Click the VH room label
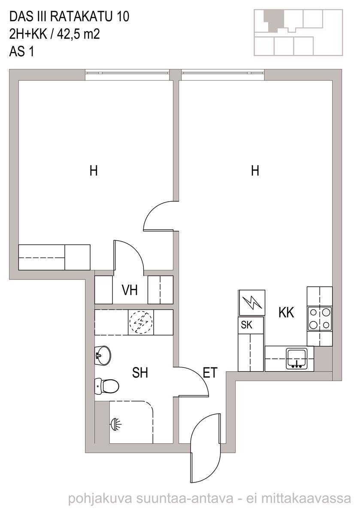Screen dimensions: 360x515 pos(130,290)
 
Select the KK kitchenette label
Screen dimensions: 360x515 pos(286,313)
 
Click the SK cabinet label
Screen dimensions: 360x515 pos(246,325)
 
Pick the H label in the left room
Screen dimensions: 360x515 pos(94,171)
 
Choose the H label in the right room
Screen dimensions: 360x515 pos(255,171)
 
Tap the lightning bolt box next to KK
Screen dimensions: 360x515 pos(252,303)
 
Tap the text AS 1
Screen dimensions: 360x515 pos(21,51)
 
